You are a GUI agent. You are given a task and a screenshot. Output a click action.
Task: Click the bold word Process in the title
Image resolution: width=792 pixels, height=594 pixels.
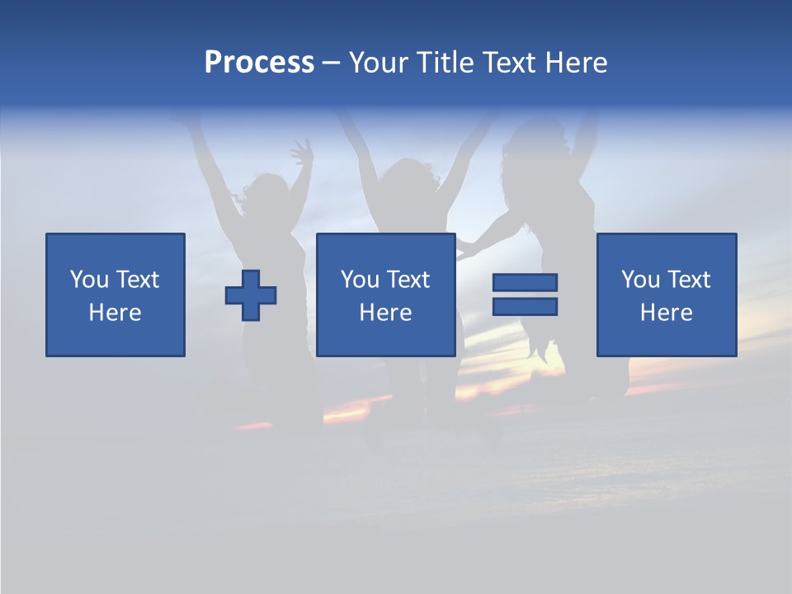(x=259, y=63)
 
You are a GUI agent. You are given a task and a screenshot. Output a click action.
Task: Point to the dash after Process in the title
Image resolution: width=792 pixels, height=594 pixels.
(x=332, y=64)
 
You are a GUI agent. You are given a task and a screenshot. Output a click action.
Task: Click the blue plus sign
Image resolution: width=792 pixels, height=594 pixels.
(x=251, y=295)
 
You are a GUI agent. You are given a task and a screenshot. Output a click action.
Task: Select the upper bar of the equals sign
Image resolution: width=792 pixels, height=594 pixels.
(x=525, y=282)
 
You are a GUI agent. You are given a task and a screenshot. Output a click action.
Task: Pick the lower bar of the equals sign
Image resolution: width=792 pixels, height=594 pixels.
(x=525, y=307)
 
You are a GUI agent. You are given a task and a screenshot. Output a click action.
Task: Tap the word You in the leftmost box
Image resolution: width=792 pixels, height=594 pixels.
(x=88, y=280)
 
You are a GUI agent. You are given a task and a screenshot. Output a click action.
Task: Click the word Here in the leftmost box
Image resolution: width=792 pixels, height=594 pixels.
(x=115, y=313)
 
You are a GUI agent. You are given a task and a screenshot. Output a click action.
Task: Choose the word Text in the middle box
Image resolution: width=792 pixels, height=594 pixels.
(x=408, y=280)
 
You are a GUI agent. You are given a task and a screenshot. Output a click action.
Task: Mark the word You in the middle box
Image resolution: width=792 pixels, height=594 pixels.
(x=359, y=280)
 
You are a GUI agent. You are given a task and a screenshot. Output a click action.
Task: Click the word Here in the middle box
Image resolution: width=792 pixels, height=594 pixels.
(x=386, y=313)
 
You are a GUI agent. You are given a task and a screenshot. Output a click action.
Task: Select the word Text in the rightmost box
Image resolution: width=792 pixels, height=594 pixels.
(x=689, y=280)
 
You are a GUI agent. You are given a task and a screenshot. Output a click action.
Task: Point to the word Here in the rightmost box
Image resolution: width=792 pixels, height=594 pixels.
(x=667, y=313)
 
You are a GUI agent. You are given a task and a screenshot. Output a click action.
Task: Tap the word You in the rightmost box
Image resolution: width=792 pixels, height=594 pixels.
(x=639, y=280)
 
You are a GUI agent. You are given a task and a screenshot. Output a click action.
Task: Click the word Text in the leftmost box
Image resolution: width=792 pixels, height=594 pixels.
(x=138, y=280)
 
